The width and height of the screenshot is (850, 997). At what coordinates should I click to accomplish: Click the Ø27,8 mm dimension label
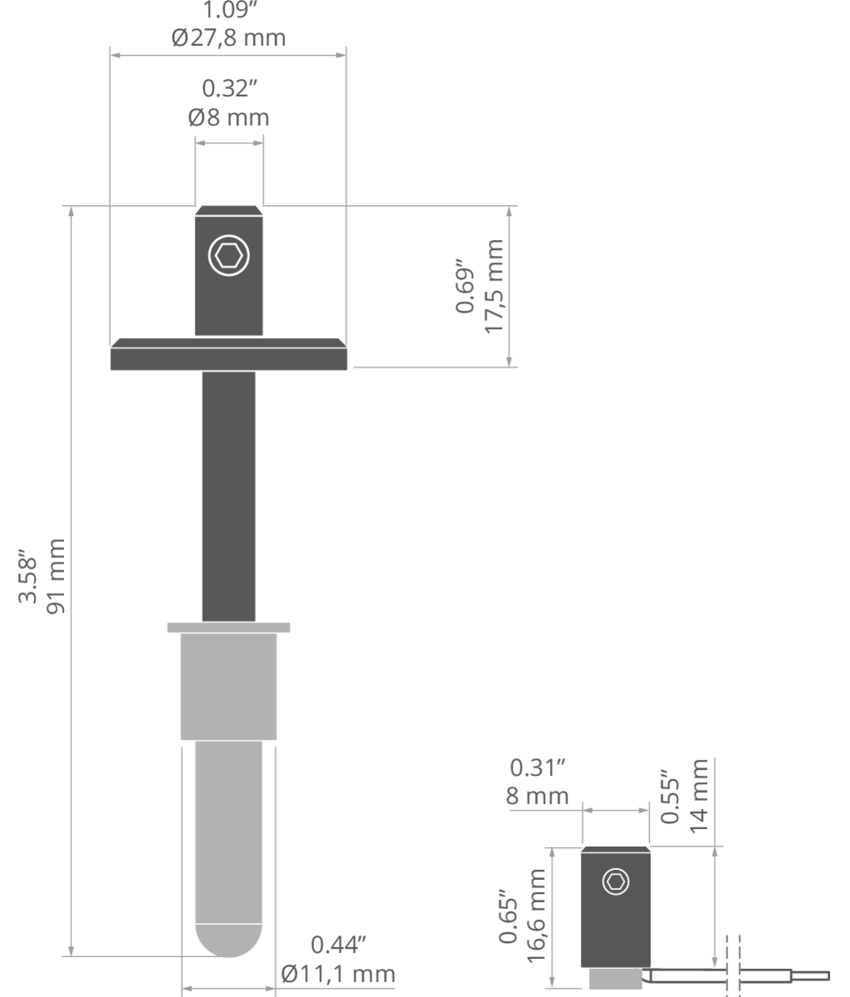click(x=228, y=37)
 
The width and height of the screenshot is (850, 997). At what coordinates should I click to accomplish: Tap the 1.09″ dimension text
click(x=229, y=9)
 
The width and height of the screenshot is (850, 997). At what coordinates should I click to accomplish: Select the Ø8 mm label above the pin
click(x=228, y=117)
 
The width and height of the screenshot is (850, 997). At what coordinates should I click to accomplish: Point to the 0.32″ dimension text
click(x=229, y=88)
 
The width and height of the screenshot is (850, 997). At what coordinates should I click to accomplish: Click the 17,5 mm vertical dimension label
click(x=494, y=287)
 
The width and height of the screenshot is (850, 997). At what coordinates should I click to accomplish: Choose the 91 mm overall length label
click(x=56, y=577)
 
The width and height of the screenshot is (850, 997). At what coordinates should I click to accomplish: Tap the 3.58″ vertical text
click(x=27, y=576)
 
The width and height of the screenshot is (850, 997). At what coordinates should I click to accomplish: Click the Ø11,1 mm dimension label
click(x=338, y=974)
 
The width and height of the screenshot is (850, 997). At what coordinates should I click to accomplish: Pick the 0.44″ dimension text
click(x=339, y=945)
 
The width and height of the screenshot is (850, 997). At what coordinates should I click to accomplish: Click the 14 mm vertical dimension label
click(x=699, y=796)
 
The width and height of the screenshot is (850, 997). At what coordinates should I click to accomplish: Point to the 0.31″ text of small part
click(x=538, y=769)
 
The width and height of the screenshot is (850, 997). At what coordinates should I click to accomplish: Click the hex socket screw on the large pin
click(x=228, y=256)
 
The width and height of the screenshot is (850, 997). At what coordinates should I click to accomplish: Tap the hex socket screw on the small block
click(x=616, y=882)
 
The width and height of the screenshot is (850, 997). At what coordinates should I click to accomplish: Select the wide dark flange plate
click(x=228, y=354)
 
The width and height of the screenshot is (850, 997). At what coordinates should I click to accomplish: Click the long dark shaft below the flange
click(x=228, y=496)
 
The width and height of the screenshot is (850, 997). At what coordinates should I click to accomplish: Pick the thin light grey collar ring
click(x=228, y=627)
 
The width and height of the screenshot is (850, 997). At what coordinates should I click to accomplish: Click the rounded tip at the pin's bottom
click(x=228, y=941)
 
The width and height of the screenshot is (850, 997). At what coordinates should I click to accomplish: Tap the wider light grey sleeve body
click(x=228, y=687)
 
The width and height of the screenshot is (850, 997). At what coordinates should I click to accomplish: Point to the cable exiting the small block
click(x=738, y=975)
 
